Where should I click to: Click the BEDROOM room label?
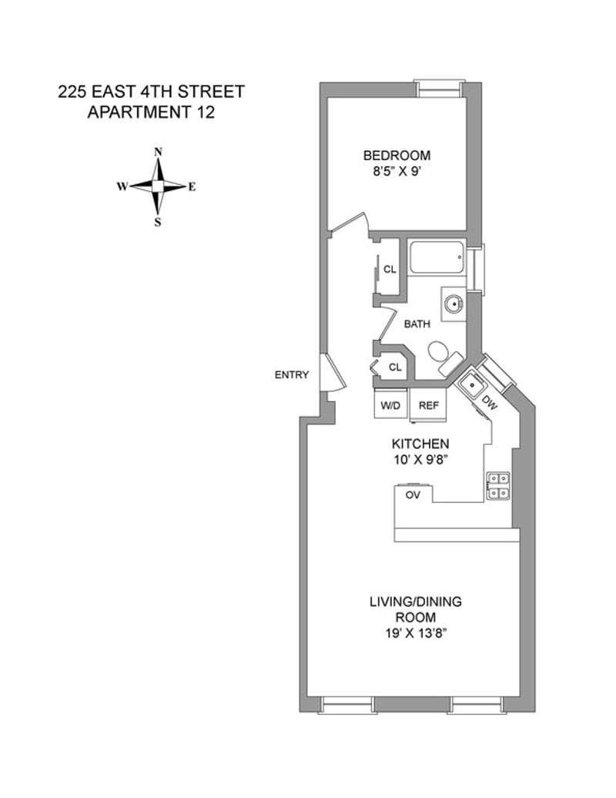(x=397, y=155)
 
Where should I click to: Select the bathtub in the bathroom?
(x=436, y=257)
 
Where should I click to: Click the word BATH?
(x=417, y=324)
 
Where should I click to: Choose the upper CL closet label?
(x=390, y=270)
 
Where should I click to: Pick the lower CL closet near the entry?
(x=394, y=367)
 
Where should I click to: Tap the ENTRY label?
(x=291, y=375)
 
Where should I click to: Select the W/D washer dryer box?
(x=389, y=404)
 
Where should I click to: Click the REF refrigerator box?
(x=427, y=404)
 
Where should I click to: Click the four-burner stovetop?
(x=497, y=485)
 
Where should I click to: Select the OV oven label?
(x=413, y=495)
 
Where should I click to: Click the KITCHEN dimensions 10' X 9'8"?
(x=420, y=461)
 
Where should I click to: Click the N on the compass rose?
(x=158, y=152)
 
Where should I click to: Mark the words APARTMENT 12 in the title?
(x=151, y=112)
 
